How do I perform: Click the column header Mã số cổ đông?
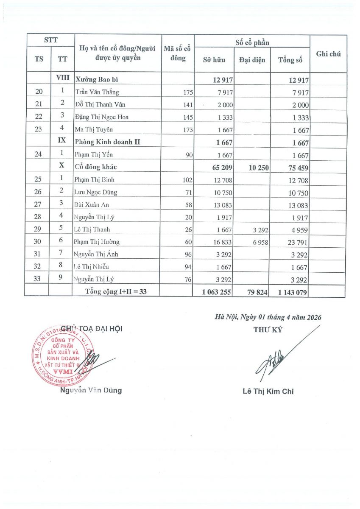(177, 54)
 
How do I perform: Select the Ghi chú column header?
(328, 54)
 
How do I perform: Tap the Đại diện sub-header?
(252, 60)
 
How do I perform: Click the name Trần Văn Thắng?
(97, 92)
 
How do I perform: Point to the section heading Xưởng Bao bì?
(96, 79)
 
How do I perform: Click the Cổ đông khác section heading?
(98, 167)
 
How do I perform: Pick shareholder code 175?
(188, 92)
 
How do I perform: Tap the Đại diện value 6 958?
(259, 242)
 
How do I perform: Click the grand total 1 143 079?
(292, 292)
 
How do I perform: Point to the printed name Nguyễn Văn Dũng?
(91, 390)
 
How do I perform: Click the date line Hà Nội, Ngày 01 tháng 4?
(268, 317)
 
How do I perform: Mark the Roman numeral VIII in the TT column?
(62, 78)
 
